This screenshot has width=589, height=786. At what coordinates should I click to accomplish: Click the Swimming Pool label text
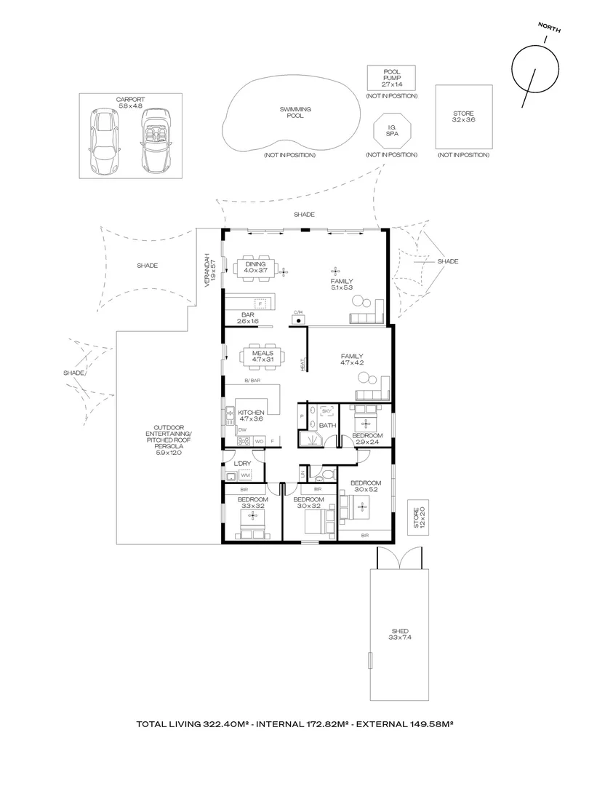click(295, 113)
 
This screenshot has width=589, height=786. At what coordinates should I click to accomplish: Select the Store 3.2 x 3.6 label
click(463, 117)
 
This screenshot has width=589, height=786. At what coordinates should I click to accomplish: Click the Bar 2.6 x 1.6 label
click(248, 318)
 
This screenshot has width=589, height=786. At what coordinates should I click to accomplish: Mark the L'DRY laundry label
click(242, 464)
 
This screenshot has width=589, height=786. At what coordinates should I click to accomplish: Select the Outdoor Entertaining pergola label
click(168, 440)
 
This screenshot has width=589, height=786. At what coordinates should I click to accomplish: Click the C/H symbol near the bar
click(298, 318)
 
